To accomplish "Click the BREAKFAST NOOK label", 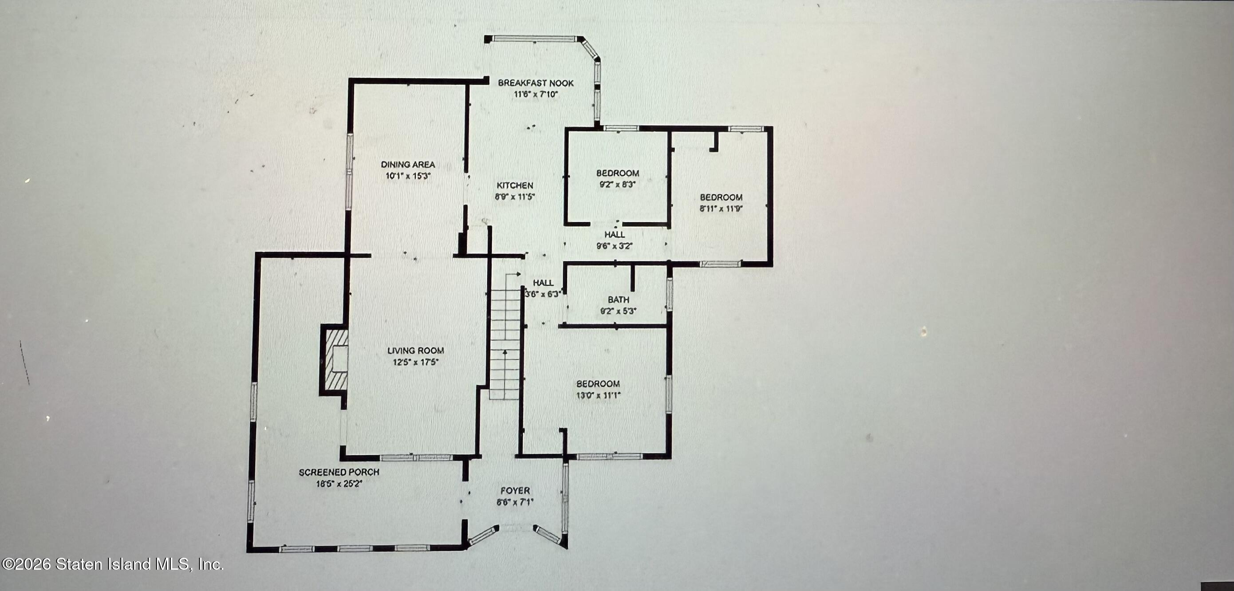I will [536, 83].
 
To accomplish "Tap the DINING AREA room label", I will [408, 164].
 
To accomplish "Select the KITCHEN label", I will [514, 185].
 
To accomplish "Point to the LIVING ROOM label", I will [415, 351].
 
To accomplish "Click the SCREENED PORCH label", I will [339, 472].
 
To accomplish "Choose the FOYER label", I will [515, 490].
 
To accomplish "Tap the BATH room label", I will [618, 299].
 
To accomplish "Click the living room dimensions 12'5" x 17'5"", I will [415, 362].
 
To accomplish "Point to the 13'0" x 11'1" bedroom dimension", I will [598, 395].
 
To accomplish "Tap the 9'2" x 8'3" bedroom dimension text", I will [618, 185].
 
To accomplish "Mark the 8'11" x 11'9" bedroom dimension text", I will [721, 209].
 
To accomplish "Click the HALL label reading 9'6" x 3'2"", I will [614, 235].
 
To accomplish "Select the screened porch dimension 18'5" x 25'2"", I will [339, 483].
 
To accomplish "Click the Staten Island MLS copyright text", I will [112, 564].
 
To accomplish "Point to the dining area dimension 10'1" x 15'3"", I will [408, 176].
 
